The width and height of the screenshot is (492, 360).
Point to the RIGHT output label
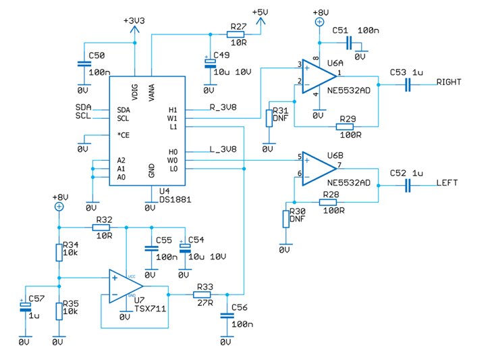pyautogui.click(x=449, y=82)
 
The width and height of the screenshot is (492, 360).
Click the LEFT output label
pyautogui.click(x=447, y=182)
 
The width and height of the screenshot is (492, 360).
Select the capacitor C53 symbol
pyautogui.click(x=408, y=84)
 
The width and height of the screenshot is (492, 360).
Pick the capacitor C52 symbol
pyautogui.click(x=408, y=184)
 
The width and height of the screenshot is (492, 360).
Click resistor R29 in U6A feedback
pyautogui.click(x=347, y=127)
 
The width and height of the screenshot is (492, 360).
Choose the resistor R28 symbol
pyautogui.click(x=329, y=201)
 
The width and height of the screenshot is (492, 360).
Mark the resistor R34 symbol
pyautogui.click(x=59, y=252)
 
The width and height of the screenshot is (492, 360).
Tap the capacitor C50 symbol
pyautogui.click(x=83, y=64)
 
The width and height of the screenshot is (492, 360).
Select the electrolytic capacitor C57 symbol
pyautogui.click(x=25, y=307)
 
